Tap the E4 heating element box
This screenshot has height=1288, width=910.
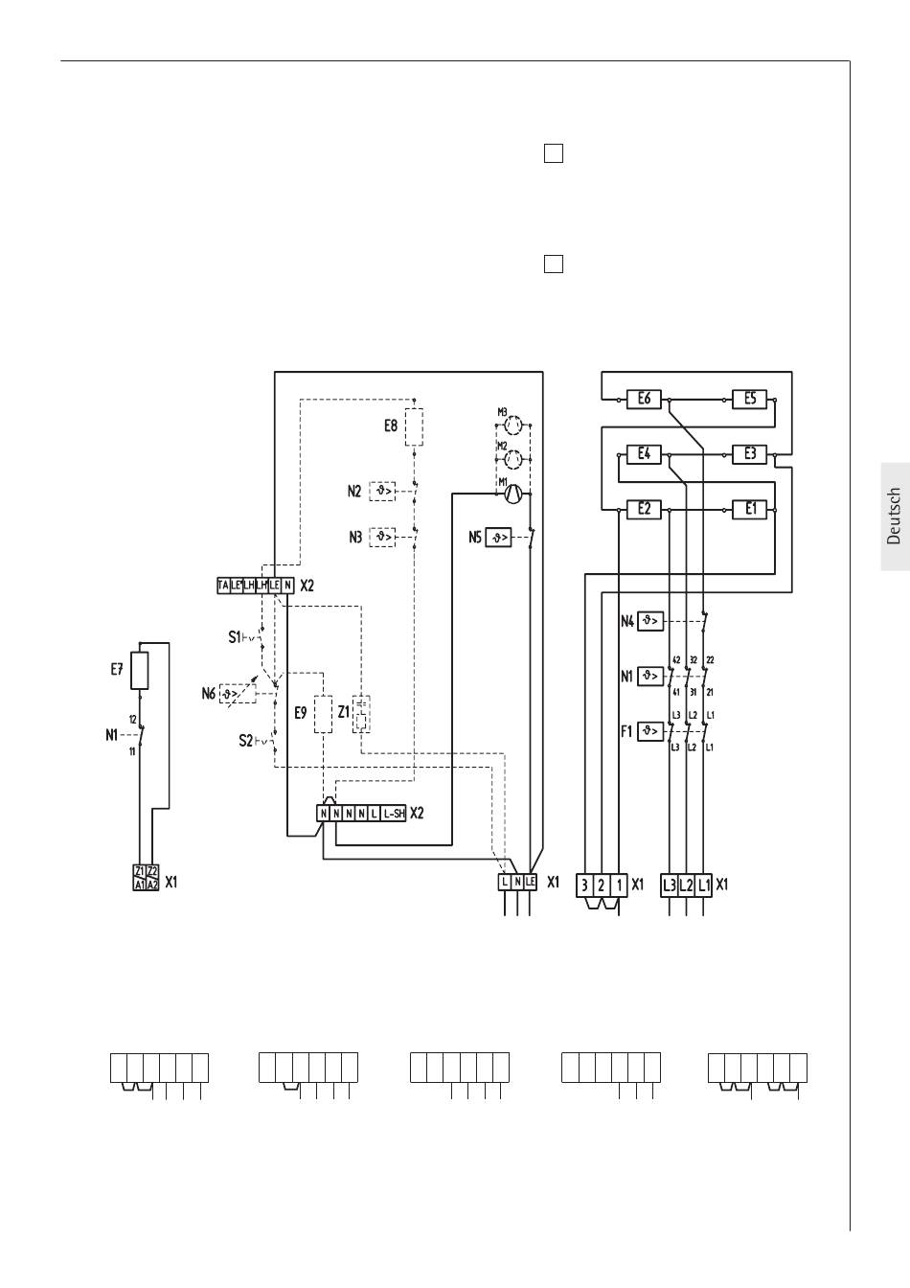[x=644, y=453]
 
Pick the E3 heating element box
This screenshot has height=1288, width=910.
[x=750, y=453]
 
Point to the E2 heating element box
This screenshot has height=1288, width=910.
[x=644, y=509]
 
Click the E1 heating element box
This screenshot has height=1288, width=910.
[x=750, y=509]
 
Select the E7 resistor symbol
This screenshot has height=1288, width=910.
[x=140, y=671]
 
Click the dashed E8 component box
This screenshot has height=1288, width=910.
[x=414, y=426]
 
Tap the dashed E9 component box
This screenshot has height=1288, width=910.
[x=323, y=714]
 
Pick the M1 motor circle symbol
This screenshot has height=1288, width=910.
[x=512, y=494]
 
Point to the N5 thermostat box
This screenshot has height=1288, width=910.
[x=499, y=538]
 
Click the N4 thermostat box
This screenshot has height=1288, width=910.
[x=651, y=621]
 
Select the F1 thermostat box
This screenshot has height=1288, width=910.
[x=651, y=731]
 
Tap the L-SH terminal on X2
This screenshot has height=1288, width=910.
[x=393, y=813]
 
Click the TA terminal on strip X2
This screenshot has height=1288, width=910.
[x=223, y=586]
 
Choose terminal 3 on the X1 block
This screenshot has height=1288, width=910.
[x=584, y=885]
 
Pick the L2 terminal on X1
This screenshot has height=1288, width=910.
[x=687, y=885]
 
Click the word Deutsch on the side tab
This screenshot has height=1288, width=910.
[x=894, y=517]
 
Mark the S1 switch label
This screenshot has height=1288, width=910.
[x=234, y=636]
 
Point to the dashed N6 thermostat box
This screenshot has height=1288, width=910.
[x=235, y=693]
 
